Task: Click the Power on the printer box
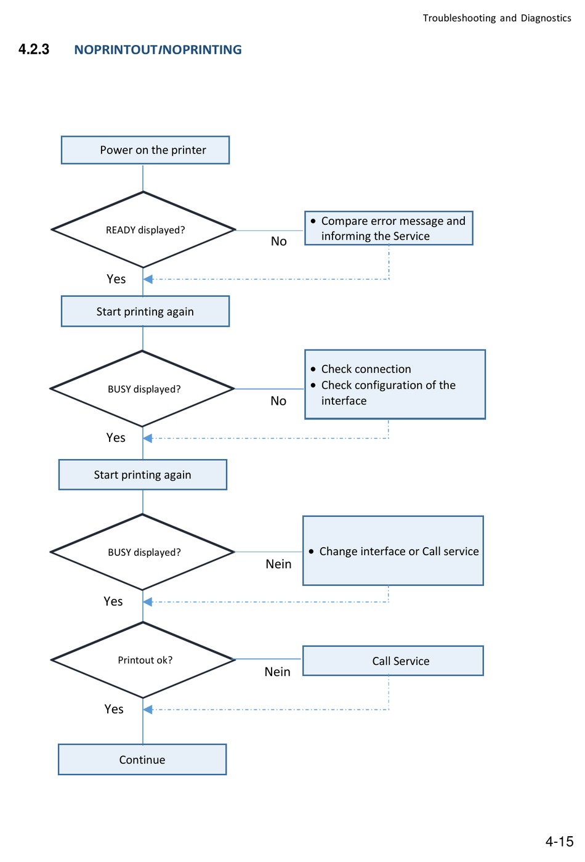145,150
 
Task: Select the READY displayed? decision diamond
143,229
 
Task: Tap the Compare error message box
389,228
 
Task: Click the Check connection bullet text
366,369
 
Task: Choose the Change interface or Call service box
393,551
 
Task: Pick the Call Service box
393,661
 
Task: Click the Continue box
142,759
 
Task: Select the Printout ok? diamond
143,659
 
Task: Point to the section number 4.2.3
34,49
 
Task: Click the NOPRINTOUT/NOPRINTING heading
158,50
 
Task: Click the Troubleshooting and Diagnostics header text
497,18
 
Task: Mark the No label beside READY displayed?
278,242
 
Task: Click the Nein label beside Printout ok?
277,672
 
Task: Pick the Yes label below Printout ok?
114,709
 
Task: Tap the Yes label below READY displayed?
116,279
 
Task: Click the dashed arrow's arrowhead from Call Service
148,709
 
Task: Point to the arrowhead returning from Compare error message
148,279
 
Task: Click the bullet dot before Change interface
311,551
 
